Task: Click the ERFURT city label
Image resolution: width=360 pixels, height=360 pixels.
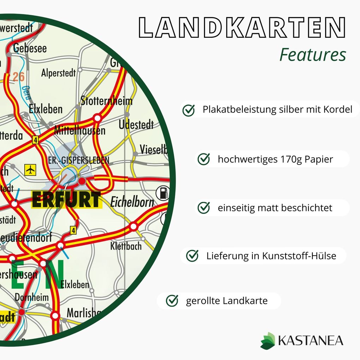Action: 66,199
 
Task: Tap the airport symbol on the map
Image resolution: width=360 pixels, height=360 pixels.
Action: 31,170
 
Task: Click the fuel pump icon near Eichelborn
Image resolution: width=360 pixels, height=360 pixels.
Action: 162,193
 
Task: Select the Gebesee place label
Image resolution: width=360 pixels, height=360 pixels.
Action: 30,49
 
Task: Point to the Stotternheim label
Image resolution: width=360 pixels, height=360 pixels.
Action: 107,101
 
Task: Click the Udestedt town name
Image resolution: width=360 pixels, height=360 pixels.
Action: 136,125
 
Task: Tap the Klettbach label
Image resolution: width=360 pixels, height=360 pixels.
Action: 126,246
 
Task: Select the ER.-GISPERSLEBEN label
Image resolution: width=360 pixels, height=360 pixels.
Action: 79,161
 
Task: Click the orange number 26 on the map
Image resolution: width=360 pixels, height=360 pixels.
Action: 19,77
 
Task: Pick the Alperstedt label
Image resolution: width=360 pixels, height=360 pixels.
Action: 59,73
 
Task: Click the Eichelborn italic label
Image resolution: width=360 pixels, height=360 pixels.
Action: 132,202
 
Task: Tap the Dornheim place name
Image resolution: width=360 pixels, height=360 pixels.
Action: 32,297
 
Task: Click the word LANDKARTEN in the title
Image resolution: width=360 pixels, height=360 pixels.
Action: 242,28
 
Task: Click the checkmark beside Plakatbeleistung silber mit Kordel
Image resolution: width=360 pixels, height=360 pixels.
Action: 188,110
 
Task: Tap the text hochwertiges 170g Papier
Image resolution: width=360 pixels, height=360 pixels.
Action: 275,159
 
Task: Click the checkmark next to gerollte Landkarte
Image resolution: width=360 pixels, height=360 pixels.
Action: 172,301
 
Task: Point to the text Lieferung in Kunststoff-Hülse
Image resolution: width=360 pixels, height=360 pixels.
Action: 271,256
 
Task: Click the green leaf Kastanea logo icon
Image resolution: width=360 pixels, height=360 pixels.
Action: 268,340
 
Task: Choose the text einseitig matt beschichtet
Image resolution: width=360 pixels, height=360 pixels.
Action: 275,208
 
